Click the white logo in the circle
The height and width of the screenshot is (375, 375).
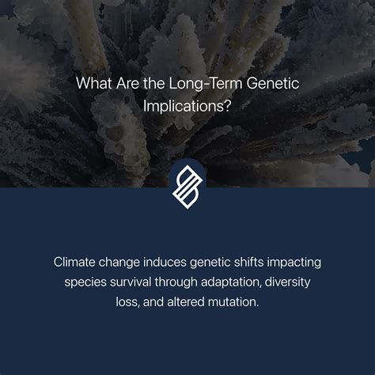(187, 187)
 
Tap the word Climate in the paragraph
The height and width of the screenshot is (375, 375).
(74, 261)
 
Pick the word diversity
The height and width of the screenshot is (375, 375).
(292, 281)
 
